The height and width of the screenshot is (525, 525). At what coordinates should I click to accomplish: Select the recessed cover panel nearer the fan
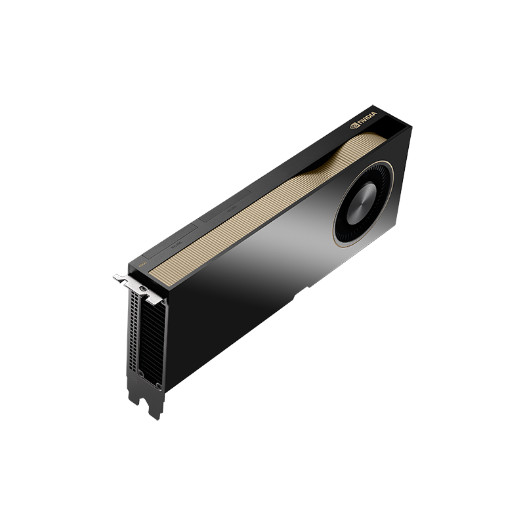click(226, 209)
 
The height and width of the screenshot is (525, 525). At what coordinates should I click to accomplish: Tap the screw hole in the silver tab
click(143, 287)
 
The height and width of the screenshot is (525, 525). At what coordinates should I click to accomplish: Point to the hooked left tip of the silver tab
click(117, 278)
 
